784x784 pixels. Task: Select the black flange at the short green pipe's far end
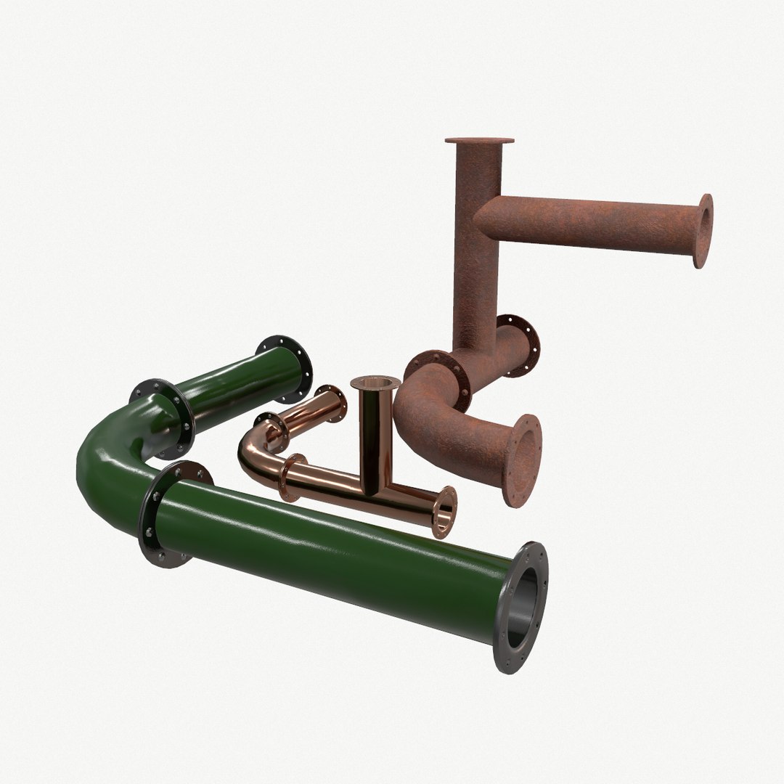pos(285,369)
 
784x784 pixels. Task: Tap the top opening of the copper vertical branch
pos(375,383)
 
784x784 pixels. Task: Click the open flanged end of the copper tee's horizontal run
pos(444,513)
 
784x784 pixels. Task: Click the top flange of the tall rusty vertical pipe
pos(479,141)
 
